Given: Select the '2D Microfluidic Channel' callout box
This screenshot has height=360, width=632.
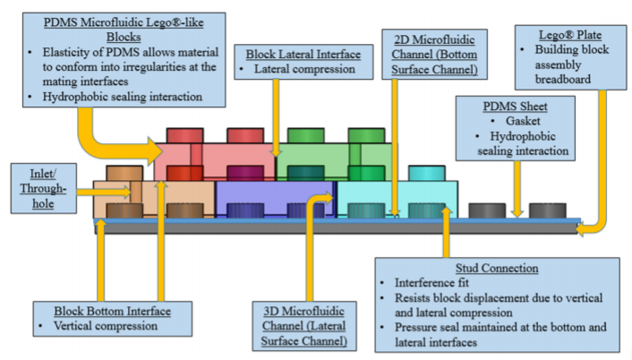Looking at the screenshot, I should tap(434, 52).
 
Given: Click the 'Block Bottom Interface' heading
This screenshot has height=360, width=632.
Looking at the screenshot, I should tap(115, 311).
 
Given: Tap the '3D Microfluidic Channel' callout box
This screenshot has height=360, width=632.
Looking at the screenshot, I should tap(299, 327).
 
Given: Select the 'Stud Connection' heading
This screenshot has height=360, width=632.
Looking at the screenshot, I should tap(497, 267).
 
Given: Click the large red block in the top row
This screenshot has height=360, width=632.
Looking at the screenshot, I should tap(215, 158).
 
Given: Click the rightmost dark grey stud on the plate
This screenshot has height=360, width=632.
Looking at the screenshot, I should tap(547, 211).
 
